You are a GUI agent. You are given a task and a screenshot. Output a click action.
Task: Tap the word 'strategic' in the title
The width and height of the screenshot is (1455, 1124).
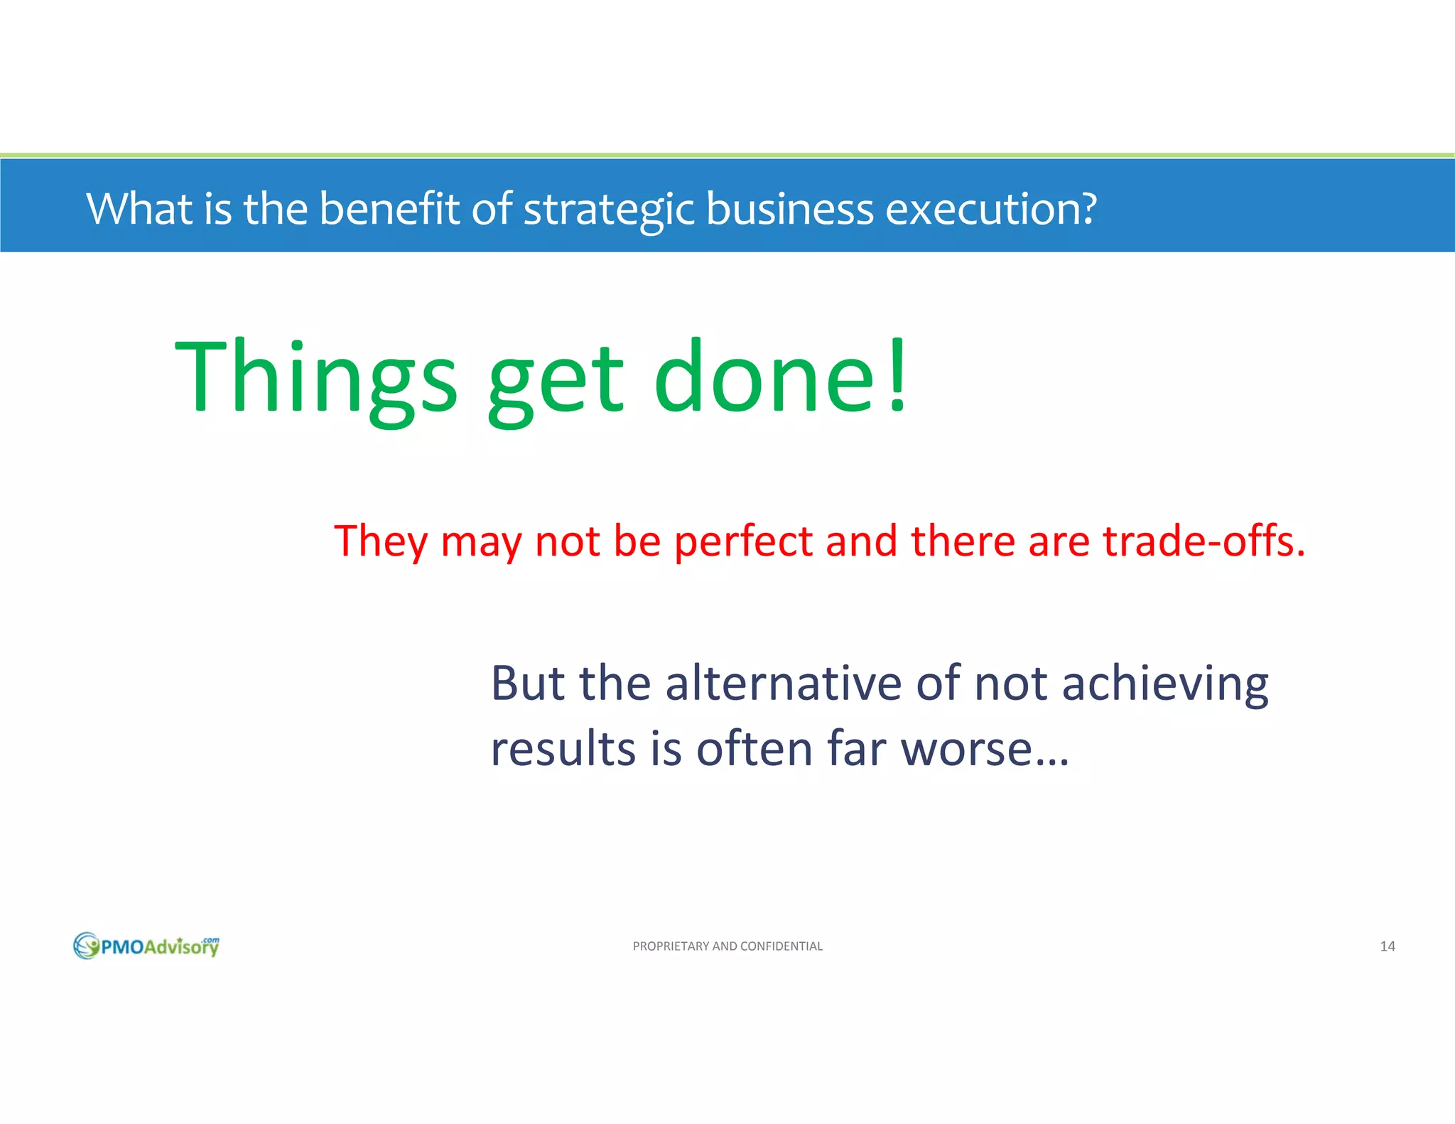(x=609, y=210)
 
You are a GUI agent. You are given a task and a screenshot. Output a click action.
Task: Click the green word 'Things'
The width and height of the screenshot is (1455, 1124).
(x=315, y=377)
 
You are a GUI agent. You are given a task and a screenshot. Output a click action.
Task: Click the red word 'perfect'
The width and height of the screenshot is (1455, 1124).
(x=743, y=541)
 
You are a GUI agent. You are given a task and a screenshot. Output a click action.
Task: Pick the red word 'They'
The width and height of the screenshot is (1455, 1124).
(x=381, y=541)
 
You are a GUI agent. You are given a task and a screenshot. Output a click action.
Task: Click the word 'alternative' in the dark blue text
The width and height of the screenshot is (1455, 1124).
(x=783, y=683)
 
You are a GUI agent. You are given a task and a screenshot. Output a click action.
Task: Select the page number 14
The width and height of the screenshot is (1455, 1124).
(x=1387, y=946)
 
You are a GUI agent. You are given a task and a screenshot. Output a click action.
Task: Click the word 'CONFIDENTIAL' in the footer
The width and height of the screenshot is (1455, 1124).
(x=781, y=946)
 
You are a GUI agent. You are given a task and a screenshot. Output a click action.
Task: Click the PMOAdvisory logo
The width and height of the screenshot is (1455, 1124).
(x=146, y=946)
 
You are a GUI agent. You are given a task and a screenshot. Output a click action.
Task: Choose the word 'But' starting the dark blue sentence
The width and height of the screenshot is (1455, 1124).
(x=527, y=683)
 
